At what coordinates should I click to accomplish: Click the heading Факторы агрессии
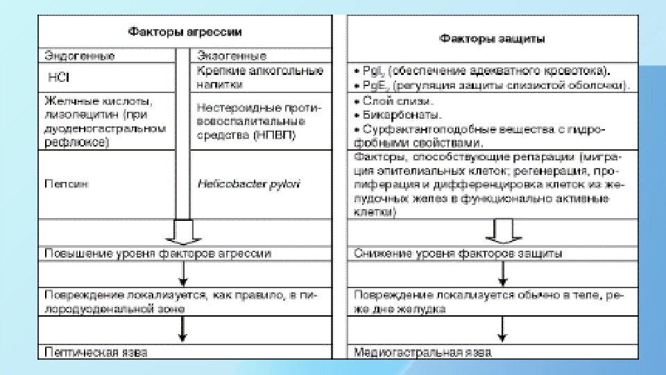[184, 31]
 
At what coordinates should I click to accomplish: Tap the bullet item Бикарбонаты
[393, 113]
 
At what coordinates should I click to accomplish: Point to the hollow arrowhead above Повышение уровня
[184, 234]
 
